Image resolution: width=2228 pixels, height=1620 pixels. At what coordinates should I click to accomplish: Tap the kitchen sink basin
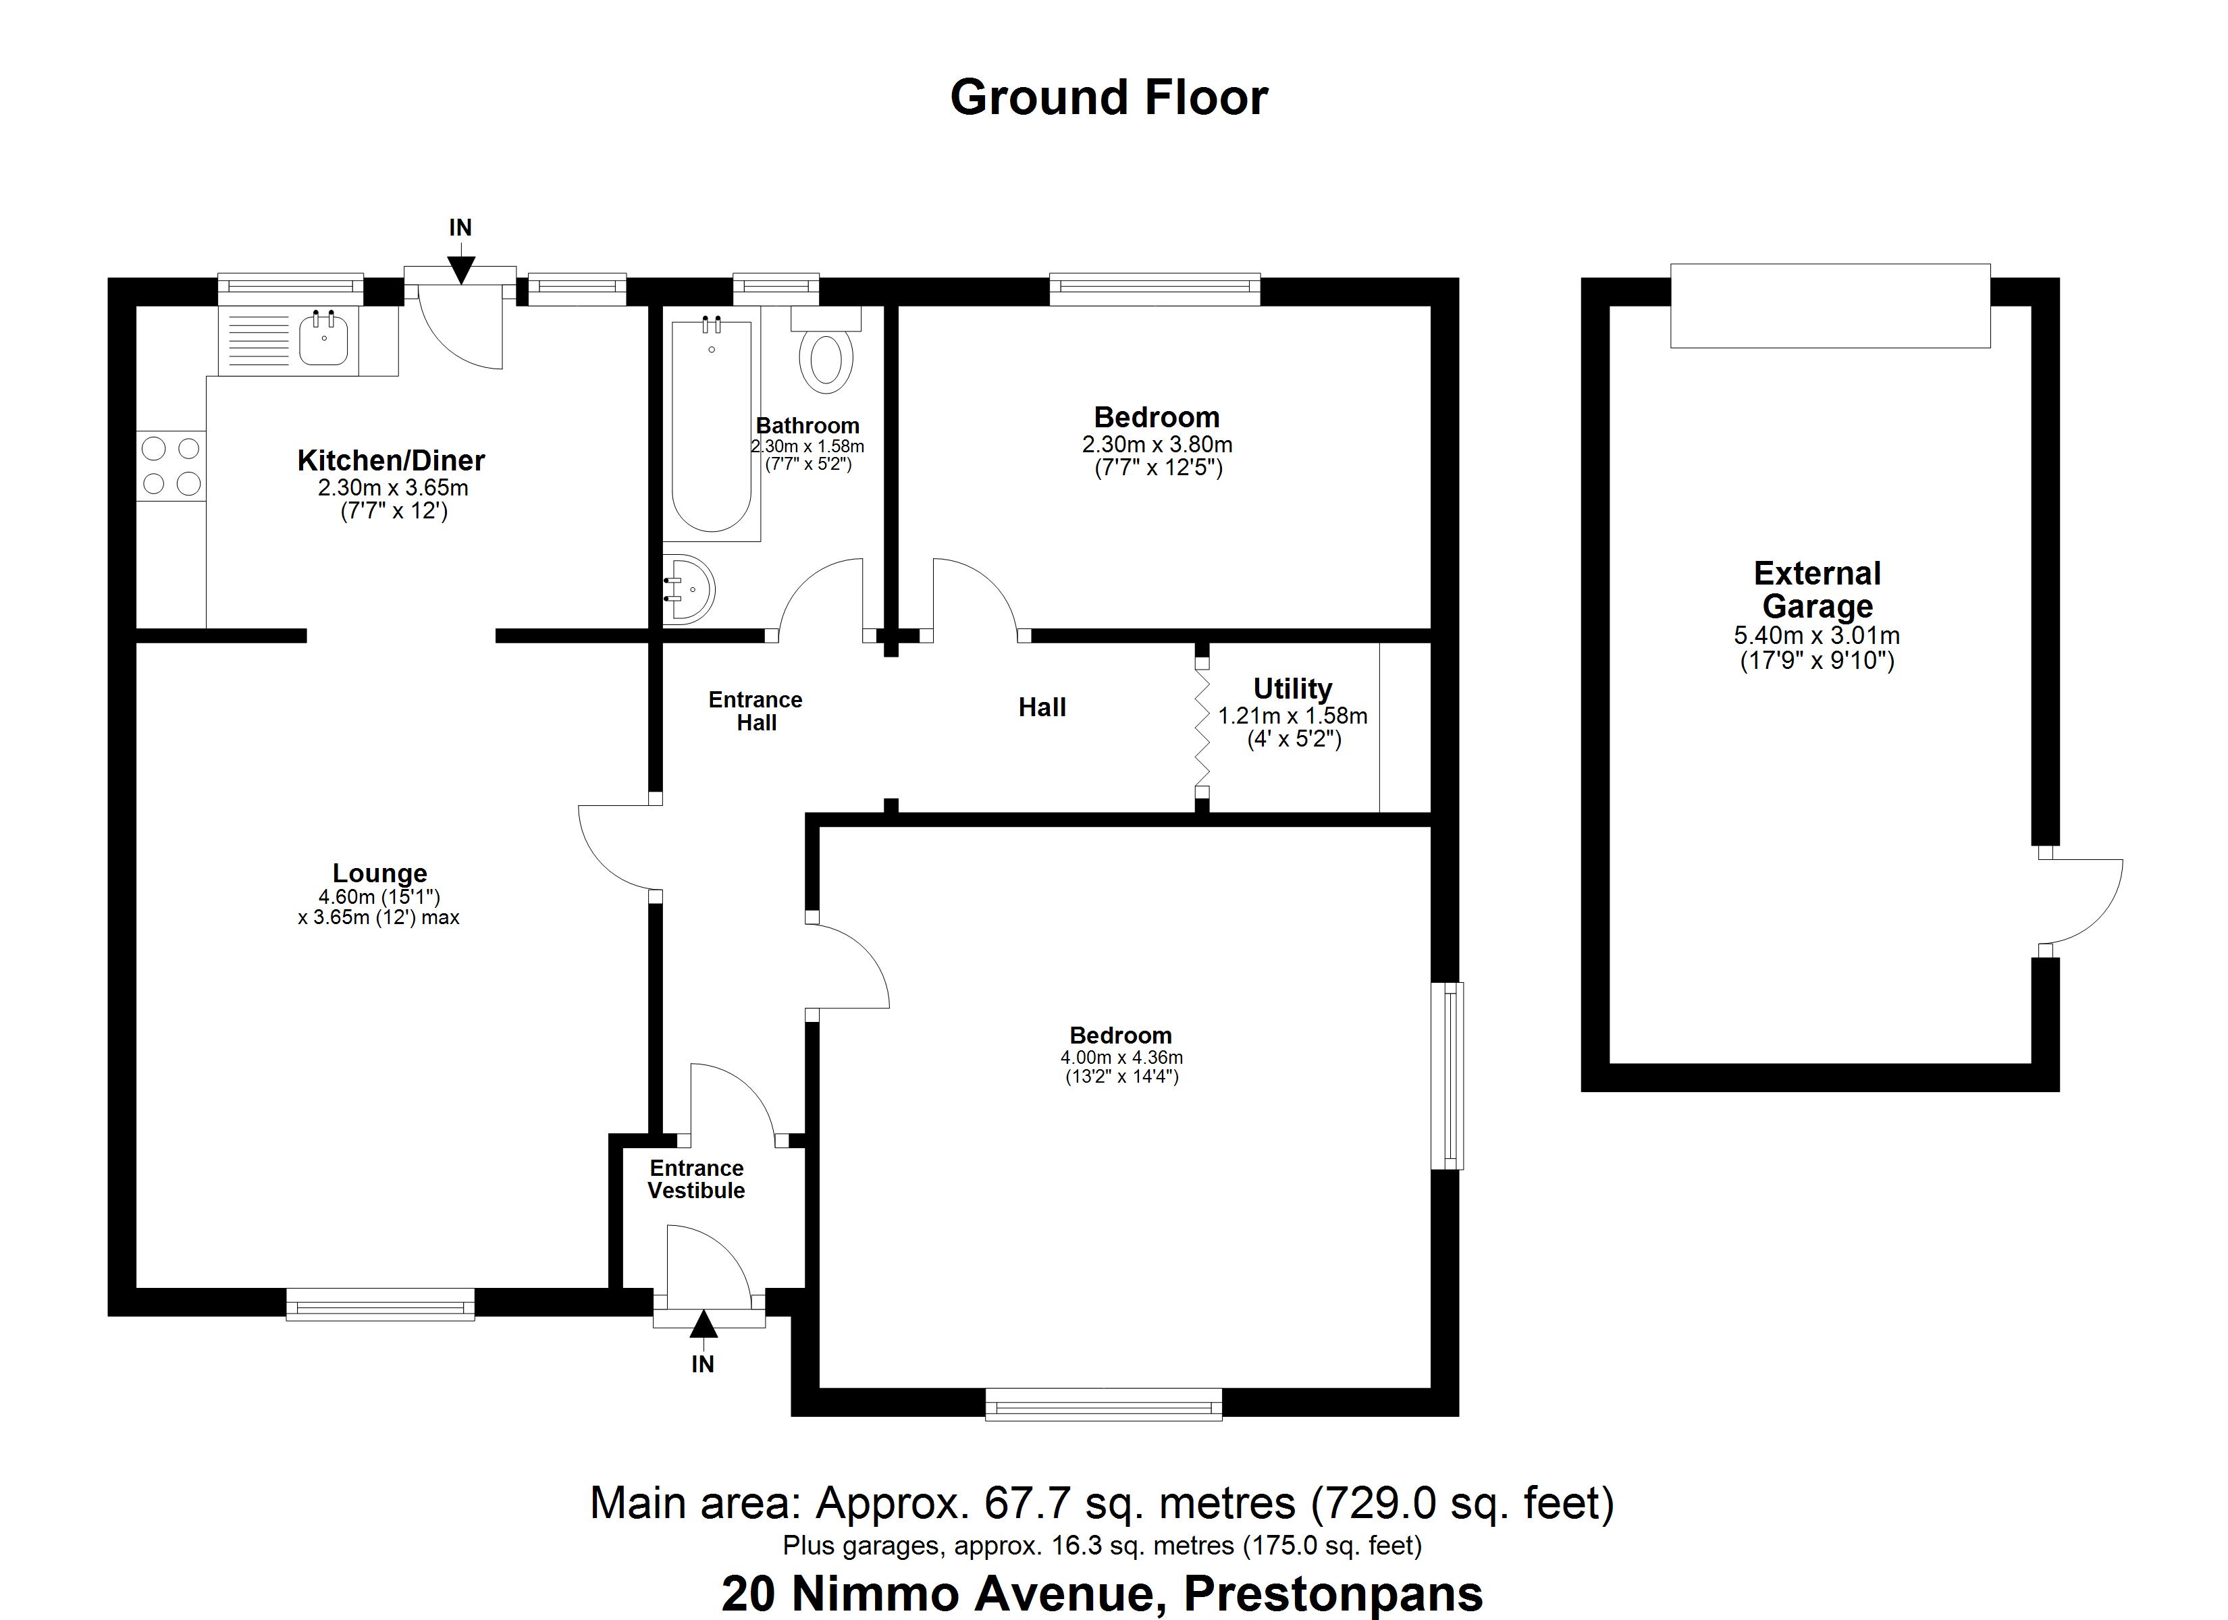click(323, 339)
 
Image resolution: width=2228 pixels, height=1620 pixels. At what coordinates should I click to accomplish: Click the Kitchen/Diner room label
click(391, 460)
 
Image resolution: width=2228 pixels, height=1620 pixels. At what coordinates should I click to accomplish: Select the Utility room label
click(1292, 688)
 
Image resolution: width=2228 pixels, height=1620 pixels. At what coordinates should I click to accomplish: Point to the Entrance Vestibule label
click(697, 1179)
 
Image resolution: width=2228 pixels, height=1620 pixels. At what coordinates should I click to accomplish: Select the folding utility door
click(1201, 728)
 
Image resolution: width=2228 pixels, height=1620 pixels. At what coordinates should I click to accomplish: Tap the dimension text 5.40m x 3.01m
click(1816, 636)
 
